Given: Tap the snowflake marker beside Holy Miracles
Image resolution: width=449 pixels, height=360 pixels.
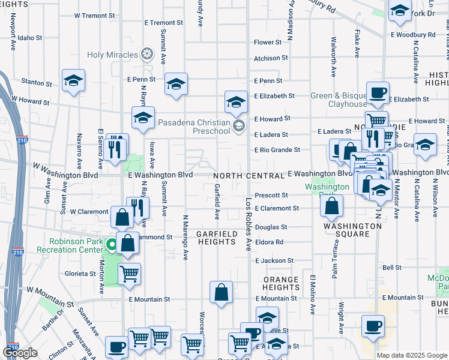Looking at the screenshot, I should coord(146,55).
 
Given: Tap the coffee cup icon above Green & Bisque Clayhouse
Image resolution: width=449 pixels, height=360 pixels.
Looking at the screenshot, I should coord(378,93).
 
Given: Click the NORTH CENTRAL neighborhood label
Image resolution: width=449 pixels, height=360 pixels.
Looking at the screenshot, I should coord(249,176).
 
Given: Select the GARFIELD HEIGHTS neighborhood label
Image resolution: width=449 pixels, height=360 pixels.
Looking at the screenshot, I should coord(216,237).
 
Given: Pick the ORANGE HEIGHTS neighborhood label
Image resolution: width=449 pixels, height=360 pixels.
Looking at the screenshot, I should coord(280,283).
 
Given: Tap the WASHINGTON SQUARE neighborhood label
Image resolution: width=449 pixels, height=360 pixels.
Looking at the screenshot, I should coord(352,230).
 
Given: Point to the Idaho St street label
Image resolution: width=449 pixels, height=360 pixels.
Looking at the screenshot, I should coord(30,37).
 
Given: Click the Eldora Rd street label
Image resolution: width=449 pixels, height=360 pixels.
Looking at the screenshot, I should coord(268,242).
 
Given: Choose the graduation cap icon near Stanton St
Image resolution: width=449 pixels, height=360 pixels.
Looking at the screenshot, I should coord(73,80).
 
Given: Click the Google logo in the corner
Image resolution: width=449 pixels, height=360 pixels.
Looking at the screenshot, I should coord(20,353).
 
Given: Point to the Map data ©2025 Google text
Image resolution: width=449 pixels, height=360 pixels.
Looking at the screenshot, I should coord(412,355).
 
